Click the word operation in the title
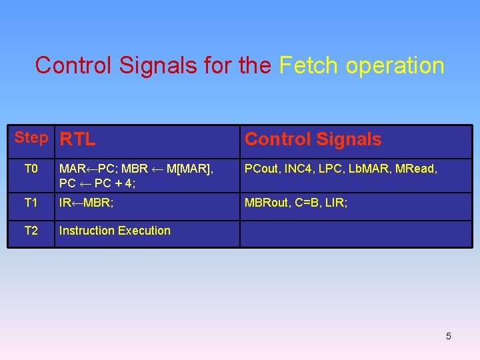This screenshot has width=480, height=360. point(394,65)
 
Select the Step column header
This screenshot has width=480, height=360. point(31,138)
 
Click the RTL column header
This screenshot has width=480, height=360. point(77,139)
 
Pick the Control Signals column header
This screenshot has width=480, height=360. point(313,139)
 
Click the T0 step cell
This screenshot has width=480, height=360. point(31,169)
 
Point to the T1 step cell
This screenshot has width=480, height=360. point(31,202)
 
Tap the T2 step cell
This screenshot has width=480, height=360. point(31,231)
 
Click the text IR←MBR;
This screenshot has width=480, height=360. point(86,202)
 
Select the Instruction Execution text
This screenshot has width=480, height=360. point(115,231)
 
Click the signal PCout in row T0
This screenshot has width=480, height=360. point(262,169)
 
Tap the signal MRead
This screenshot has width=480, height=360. point(416,169)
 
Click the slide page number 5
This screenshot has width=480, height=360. point(448,336)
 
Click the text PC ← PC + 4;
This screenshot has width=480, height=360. point(97,182)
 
